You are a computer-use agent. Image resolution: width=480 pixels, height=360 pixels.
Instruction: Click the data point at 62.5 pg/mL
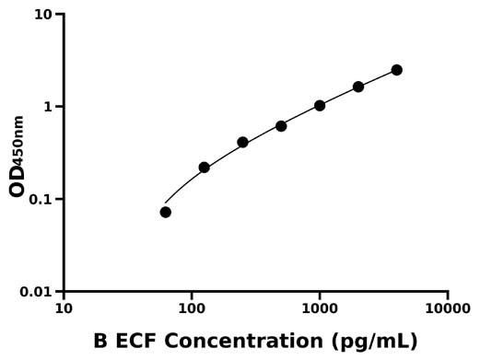tap(166, 212)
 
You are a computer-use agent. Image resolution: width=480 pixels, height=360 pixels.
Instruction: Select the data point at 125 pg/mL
tap(205, 168)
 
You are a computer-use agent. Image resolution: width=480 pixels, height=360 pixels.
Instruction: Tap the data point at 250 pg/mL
tap(242, 143)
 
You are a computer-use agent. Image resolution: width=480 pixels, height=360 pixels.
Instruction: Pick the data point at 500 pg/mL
tap(281, 126)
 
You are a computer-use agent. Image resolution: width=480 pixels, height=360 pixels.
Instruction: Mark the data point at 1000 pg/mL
tap(320, 106)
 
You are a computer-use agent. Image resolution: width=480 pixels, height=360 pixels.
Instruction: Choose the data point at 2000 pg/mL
tap(358, 87)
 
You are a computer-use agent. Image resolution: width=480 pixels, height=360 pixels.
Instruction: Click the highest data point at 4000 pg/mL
tap(397, 70)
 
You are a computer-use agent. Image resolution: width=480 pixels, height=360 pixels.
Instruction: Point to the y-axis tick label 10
tap(42, 15)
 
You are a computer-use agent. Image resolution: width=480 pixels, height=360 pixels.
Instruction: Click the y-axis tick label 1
tap(48, 107)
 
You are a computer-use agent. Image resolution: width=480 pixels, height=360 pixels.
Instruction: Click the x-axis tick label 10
tap(64, 308)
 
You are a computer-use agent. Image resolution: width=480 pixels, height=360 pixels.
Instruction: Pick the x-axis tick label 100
tap(192, 308)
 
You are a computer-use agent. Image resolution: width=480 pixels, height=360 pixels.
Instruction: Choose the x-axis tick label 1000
tap(320, 308)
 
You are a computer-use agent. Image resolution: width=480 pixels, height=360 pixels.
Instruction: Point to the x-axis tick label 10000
tap(448, 308)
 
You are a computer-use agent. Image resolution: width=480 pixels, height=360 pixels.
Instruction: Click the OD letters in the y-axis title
tap(17, 181)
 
